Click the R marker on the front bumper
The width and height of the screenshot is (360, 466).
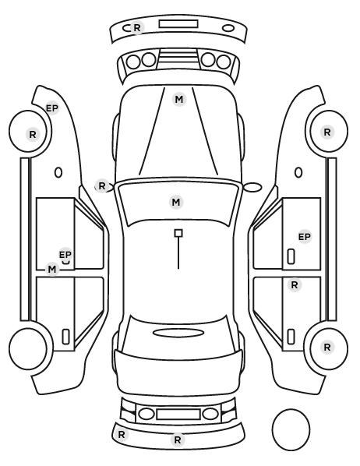pos(137,27)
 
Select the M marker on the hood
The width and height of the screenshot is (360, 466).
pos(179,99)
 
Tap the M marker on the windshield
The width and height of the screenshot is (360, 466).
pos(176,202)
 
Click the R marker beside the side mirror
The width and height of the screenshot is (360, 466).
pos(102,186)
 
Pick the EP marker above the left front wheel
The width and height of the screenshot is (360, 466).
pos(52,108)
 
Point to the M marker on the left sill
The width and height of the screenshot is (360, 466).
pos(52,270)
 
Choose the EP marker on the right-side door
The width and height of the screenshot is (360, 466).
pos(305,237)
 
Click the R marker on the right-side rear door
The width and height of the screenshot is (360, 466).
pos(295,285)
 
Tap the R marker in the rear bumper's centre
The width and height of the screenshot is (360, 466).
pos(178,440)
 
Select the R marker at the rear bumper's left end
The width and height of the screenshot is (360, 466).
pos(122,435)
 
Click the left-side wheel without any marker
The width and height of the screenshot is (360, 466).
pos(28,348)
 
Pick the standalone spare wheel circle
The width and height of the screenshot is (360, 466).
pos(291,429)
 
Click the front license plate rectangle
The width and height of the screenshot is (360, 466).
pos(178,24)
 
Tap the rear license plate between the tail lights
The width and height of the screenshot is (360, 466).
pos(178,415)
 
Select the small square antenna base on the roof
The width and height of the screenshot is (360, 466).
pos(178,233)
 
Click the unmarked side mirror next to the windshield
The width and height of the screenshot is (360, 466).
pos(252,187)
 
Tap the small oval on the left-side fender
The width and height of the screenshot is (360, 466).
pos(58,172)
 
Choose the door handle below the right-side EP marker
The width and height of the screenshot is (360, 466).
pos(291,256)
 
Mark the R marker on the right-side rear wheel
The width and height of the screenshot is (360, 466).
pos(327,347)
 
